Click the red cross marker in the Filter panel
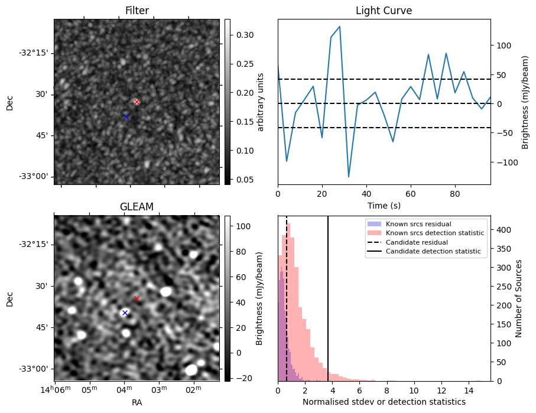[x=137, y=102]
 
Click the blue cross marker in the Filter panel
[x=126, y=116]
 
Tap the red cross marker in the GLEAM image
[x=137, y=298]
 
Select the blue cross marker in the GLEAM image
[x=125, y=313]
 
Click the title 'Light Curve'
[x=384, y=11]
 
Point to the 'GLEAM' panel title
[x=137, y=207]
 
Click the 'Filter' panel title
[x=137, y=11]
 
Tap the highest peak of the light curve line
[x=340, y=27]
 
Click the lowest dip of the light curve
[x=349, y=176]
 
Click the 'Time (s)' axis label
[x=384, y=205]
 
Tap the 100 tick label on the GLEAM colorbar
[x=241, y=226]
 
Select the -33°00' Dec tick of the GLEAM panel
[x=33, y=369]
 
